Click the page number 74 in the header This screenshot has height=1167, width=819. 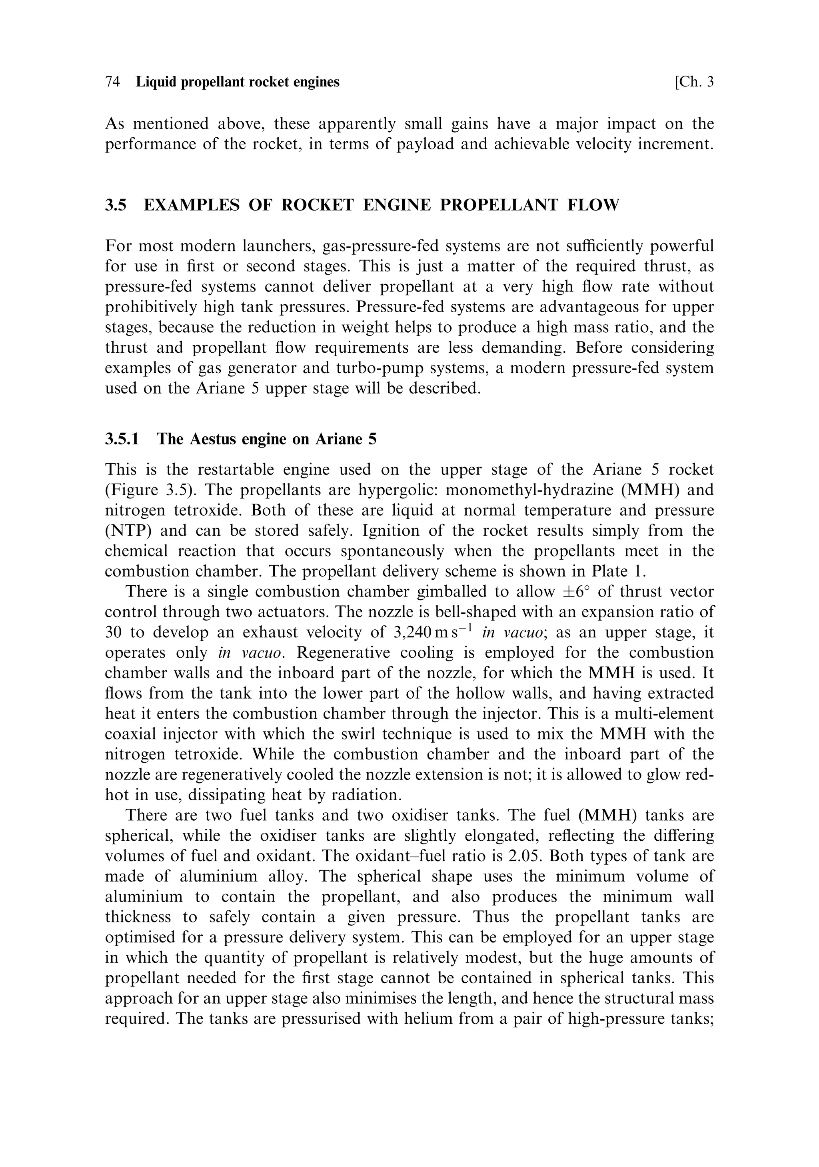[x=112, y=82]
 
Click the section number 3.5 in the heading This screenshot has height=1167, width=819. [x=115, y=205]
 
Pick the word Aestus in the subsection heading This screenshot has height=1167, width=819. [x=213, y=439]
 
